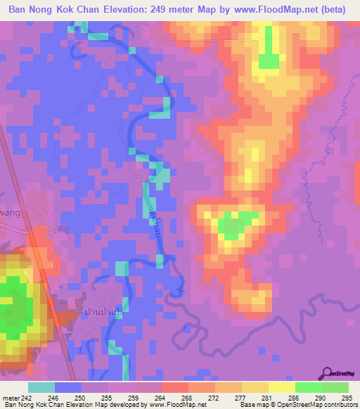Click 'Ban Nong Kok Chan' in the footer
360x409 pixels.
pos(31,404)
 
